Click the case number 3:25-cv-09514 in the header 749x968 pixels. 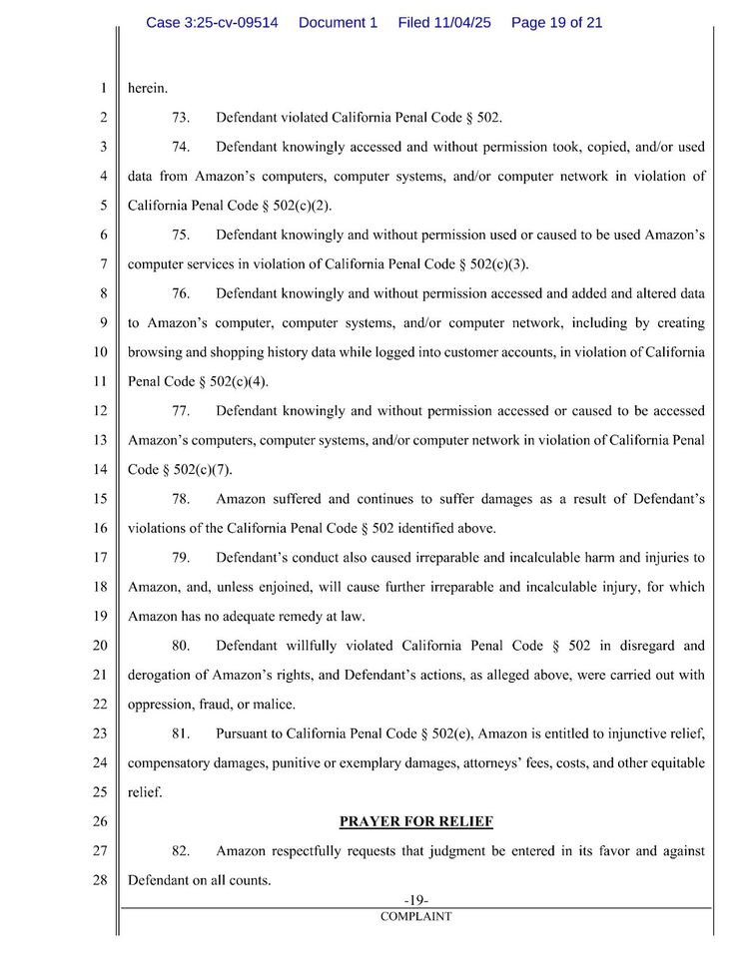(x=212, y=23)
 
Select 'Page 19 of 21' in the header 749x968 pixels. (x=556, y=23)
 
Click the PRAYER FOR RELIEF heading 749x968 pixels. (x=416, y=822)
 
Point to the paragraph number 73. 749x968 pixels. (x=181, y=118)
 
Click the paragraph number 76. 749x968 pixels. (x=181, y=294)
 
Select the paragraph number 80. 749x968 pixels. (x=181, y=647)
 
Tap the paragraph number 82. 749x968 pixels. (x=181, y=851)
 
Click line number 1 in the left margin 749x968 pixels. (x=103, y=89)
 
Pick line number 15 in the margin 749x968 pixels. (x=100, y=499)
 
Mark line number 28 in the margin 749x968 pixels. (x=100, y=881)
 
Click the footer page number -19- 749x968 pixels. (x=416, y=900)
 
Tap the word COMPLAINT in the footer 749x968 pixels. (x=416, y=916)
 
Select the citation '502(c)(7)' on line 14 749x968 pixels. (x=201, y=470)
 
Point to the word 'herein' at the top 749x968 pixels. (x=147, y=89)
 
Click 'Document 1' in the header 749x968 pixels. (x=338, y=23)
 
